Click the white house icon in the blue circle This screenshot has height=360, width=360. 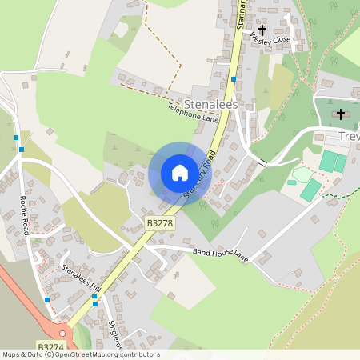[180, 173]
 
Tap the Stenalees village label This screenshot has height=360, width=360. [210, 104]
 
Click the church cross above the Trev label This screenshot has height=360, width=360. [342, 114]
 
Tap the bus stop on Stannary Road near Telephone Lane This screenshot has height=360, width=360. [233, 79]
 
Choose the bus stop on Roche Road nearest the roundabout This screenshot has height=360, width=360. [47, 300]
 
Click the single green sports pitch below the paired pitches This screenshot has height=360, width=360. [310, 190]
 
